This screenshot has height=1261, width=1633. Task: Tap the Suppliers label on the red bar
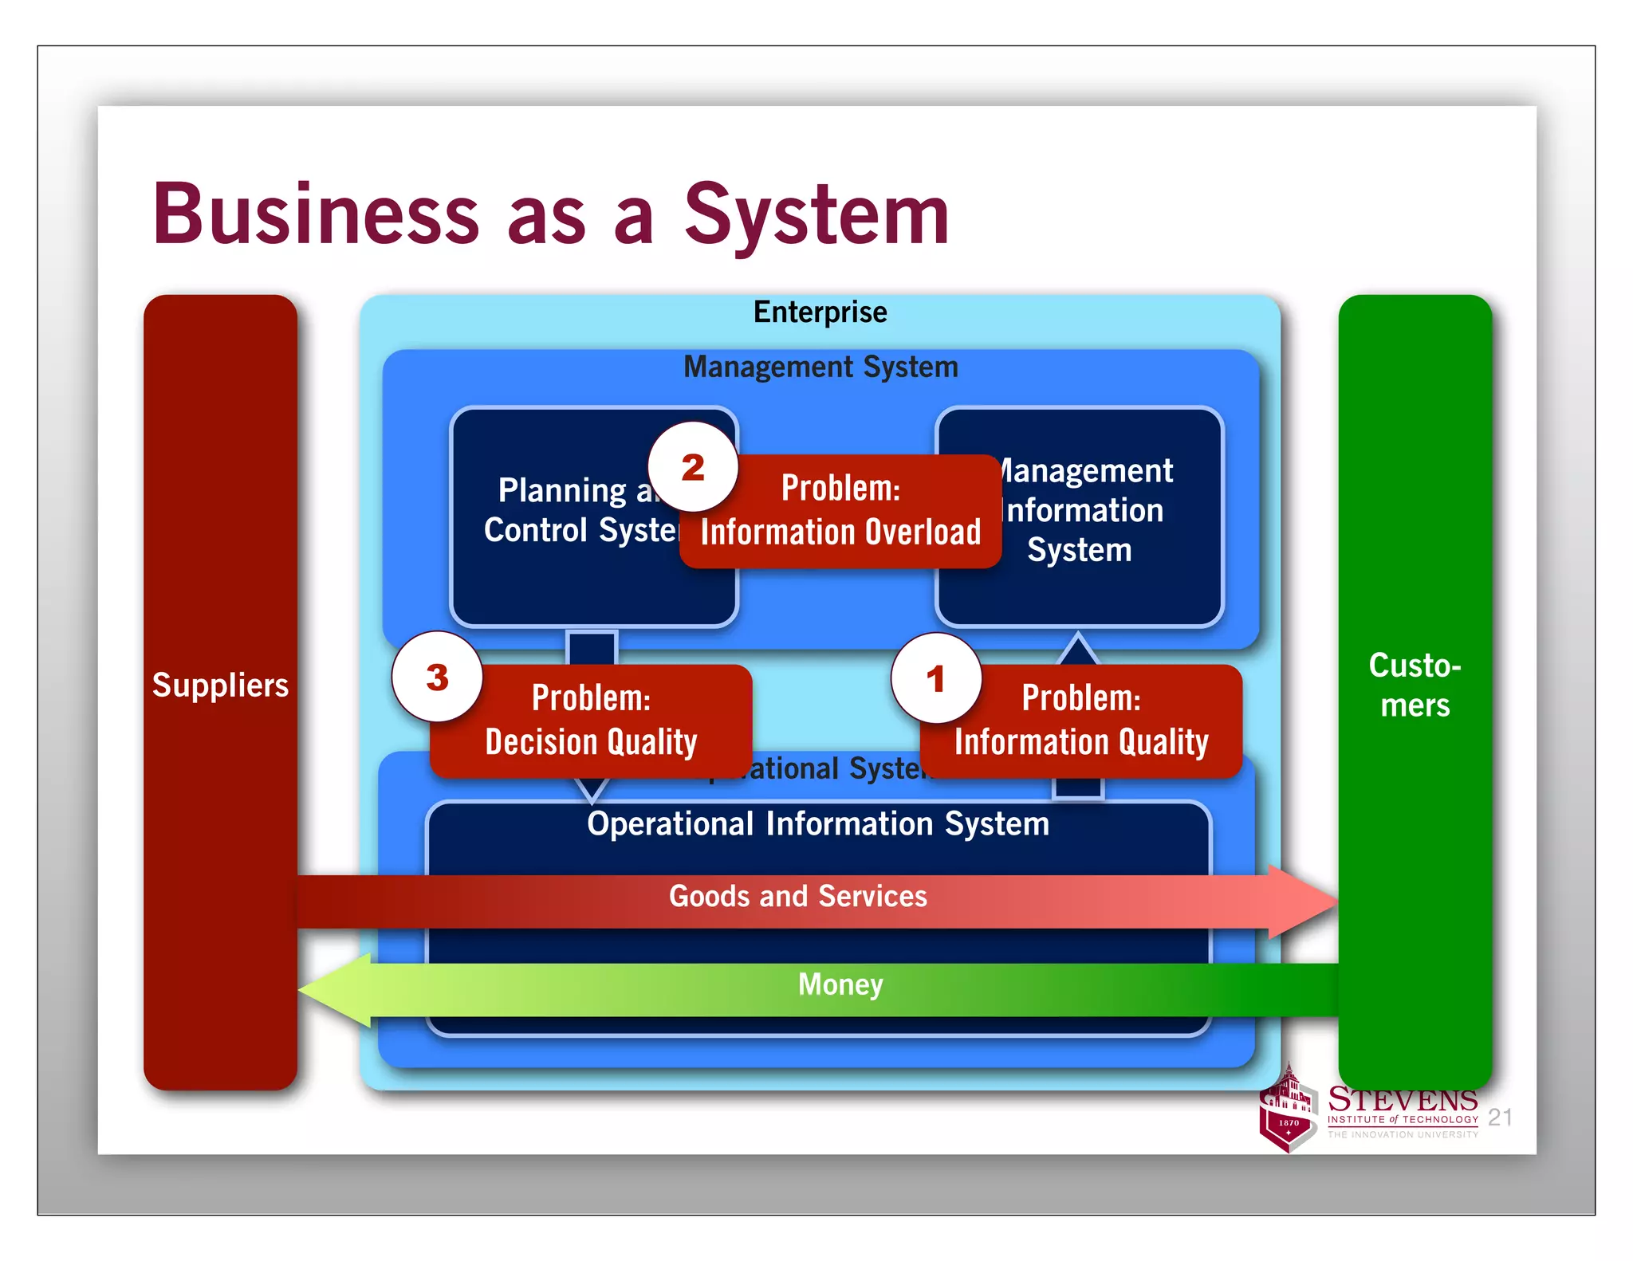click(x=220, y=685)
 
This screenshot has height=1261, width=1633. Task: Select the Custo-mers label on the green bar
click(x=1415, y=685)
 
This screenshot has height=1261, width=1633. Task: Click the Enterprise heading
click(x=820, y=312)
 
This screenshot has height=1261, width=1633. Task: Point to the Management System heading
click(x=820, y=367)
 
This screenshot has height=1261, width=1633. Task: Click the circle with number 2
click(x=692, y=467)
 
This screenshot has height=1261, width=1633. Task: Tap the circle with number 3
click(x=437, y=678)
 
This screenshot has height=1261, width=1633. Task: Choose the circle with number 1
click(x=936, y=679)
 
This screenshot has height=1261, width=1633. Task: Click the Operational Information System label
click(x=818, y=824)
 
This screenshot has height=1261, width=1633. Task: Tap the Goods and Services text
click(x=797, y=897)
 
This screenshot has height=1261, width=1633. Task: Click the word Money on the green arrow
click(x=840, y=984)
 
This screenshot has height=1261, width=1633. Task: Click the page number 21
click(x=1500, y=1117)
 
